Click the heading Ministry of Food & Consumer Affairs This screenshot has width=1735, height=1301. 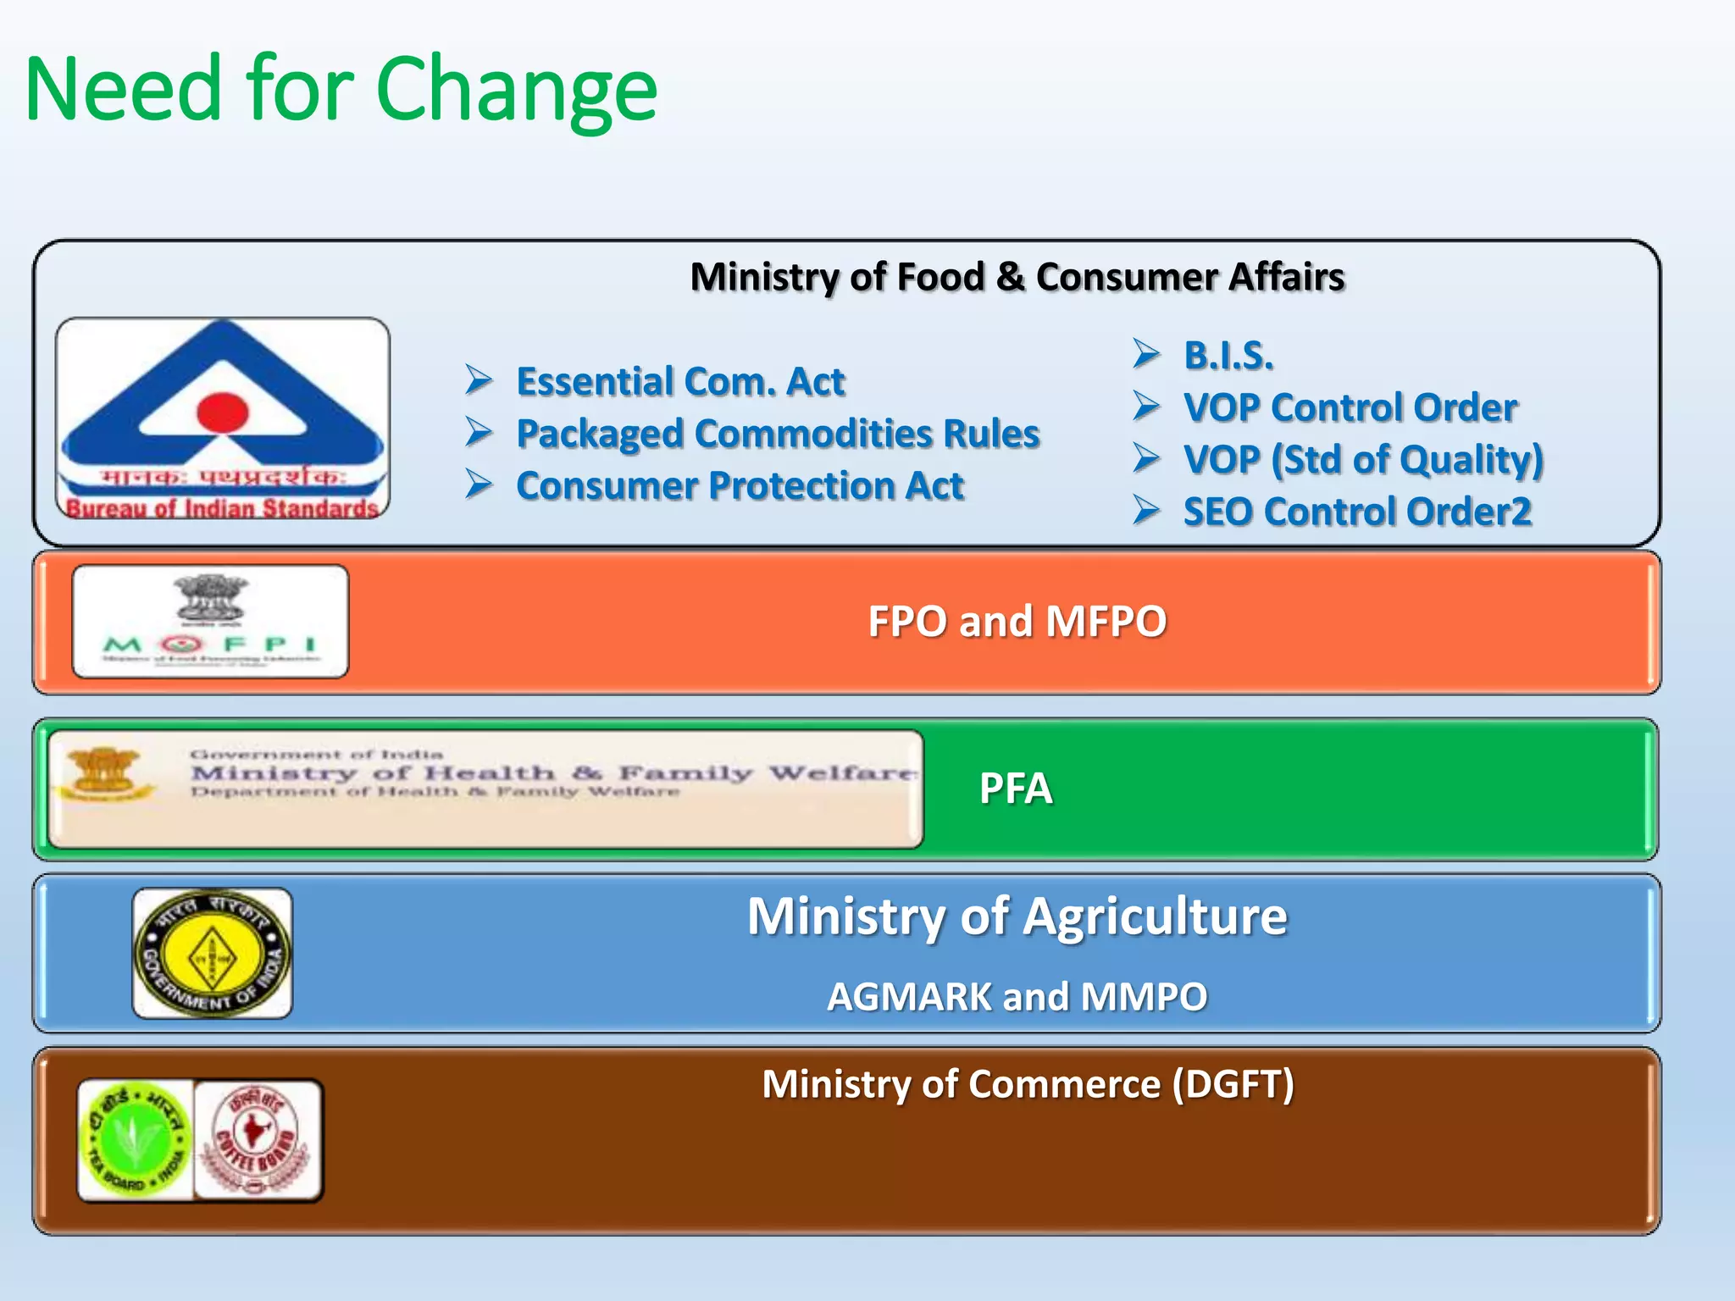pyautogui.click(x=1017, y=277)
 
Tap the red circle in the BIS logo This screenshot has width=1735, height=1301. pyautogui.click(x=223, y=412)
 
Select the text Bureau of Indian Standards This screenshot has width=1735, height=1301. pyautogui.click(x=222, y=508)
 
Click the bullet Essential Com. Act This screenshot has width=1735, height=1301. pyautogui.click(x=680, y=381)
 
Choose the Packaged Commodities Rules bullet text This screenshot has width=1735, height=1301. pyautogui.click(x=778, y=434)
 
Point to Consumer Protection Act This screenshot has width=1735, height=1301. pyautogui.click(x=740, y=486)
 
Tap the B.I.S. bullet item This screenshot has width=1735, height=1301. pyautogui.click(x=1228, y=355)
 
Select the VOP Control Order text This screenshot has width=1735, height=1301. pyautogui.click(x=1350, y=407)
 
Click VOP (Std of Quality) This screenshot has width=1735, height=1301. pyautogui.click(x=1363, y=460)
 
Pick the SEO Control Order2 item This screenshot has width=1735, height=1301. pyautogui.click(x=1357, y=512)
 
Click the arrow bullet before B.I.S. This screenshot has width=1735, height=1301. pyautogui.click(x=1146, y=354)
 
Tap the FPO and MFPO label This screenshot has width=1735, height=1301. pyautogui.click(x=1017, y=621)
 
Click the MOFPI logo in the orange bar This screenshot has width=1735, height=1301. pyautogui.click(x=211, y=622)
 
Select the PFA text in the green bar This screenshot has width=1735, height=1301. pyautogui.click(x=1015, y=789)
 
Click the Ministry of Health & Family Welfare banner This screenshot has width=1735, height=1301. pyautogui.click(x=485, y=789)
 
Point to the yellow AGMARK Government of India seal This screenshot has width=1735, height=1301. pyautogui.click(x=212, y=953)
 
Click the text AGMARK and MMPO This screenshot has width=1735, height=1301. pyautogui.click(x=1017, y=997)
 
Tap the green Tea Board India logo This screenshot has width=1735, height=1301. pyautogui.click(x=136, y=1140)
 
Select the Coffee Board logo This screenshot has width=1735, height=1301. pyautogui.click(x=258, y=1140)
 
